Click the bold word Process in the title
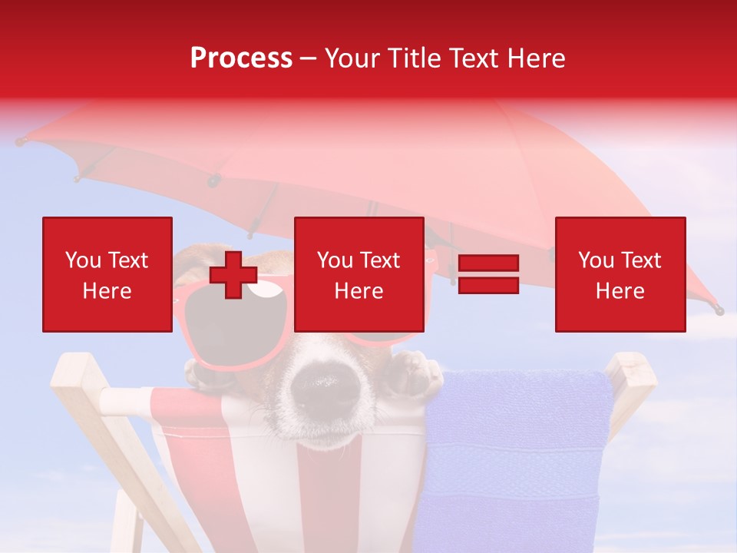coord(241,58)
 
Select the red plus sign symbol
coord(233,275)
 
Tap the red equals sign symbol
coord(488,275)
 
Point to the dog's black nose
coord(322,379)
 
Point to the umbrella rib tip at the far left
coord(21,141)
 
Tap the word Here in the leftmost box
coord(107,291)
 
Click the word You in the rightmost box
coord(597,260)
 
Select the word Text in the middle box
coord(380,260)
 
